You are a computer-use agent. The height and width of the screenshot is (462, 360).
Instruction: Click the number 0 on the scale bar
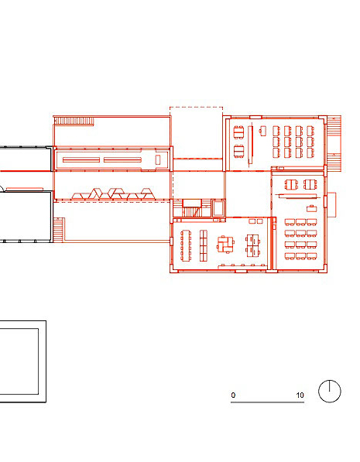pos(233,395)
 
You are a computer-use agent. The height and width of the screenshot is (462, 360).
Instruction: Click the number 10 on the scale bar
pos(300,395)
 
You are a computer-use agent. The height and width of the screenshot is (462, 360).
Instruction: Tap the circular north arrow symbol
pos(330,391)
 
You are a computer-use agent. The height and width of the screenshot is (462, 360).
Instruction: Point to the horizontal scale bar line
pos(267,402)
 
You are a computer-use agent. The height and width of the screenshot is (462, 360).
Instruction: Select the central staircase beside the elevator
pos(192,208)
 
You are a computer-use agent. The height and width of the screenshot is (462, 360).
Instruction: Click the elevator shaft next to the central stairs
pos(218,207)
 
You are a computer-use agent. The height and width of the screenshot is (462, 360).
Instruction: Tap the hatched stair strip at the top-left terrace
pos(74,121)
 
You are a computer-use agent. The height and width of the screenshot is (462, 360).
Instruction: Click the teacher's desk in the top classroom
pos(263,131)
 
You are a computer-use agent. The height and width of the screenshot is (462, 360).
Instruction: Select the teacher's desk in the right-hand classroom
pos(311,209)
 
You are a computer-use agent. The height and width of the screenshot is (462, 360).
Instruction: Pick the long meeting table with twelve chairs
pos(186,245)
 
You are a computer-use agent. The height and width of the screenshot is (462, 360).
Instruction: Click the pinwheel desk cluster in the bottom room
pos(226,244)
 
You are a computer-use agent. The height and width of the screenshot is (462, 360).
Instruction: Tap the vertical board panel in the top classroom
pos(250,145)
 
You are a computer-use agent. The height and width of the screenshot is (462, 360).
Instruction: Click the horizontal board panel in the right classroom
pos(298,196)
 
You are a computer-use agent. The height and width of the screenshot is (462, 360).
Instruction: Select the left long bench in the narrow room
pos(81,160)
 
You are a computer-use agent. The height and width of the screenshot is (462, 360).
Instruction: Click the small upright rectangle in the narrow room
pos(158,159)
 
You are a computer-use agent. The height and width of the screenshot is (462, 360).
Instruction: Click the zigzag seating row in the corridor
pos(113,193)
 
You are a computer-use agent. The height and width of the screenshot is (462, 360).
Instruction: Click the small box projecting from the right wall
pos(331,205)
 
